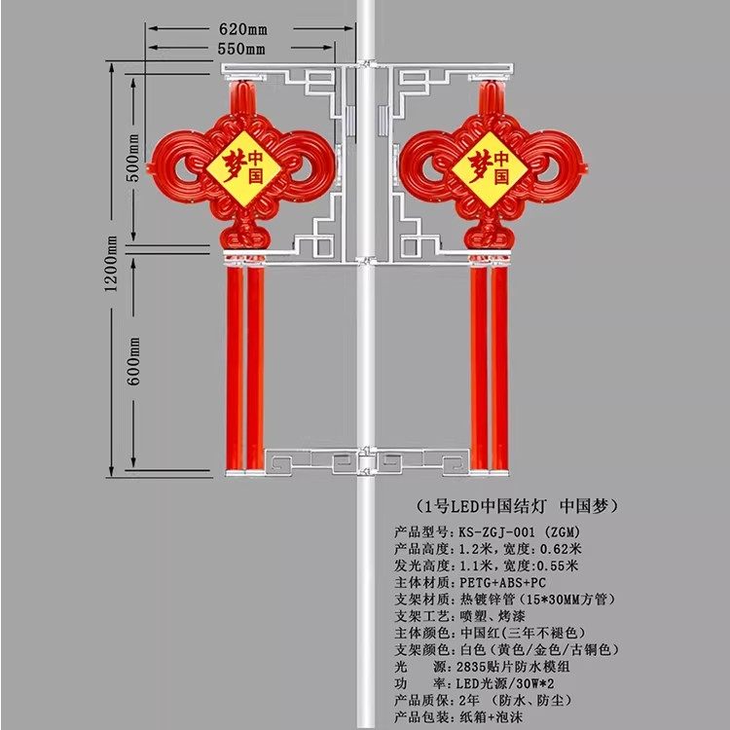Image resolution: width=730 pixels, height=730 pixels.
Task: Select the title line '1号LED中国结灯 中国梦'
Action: [x=511, y=507]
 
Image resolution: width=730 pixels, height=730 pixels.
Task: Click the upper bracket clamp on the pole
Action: [x=368, y=68]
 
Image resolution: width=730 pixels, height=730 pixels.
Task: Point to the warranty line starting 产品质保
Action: [x=496, y=700]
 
